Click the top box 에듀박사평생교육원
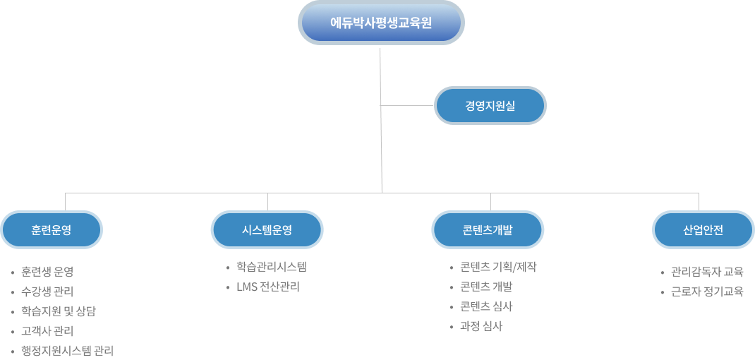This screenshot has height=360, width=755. pyautogui.click(x=381, y=23)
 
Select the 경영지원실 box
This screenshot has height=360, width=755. pyautogui.click(x=490, y=106)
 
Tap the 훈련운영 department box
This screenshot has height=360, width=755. pyautogui.click(x=52, y=229)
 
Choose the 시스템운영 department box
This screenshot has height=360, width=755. pyautogui.click(x=267, y=229)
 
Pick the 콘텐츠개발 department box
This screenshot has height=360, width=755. pyautogui.click(x=487, y=229)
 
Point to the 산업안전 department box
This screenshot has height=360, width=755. pyautogui.click(x=703, y=229)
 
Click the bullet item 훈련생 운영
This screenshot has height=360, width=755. pyautogui.click(x=47, y=272)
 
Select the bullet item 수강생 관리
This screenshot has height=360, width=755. pyautogui.click(x=47, y=292)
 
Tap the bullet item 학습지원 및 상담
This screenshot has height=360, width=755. pyautogui.click(x=59, y=311)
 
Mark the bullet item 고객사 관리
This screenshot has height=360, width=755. pyautogui.click(x=47, y=331)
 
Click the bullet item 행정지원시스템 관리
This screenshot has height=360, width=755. pyautogui.click(x=68, y=351)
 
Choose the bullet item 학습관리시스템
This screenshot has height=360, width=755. pyautogui.click(x=272, y=267)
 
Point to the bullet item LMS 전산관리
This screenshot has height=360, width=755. pyautogui.click(x=268, y=287)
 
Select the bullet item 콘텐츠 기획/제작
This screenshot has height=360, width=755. pyautogui.click(x=498, y=267)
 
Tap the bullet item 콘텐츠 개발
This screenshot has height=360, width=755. pyautogui.click(x=486, y=287)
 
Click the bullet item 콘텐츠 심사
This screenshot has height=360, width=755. pyautogui.click(x=486, y=306)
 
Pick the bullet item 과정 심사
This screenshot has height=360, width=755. pyautogui.click(x=481, y=326)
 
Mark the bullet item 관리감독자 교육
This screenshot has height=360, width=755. pyautogui.click(x=707, y=272)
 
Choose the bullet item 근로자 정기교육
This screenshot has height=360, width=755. pyautogui.click(x=707, y=292)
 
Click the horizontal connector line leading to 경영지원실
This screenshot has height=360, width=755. pyautogui.click(x=407, y=106)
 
